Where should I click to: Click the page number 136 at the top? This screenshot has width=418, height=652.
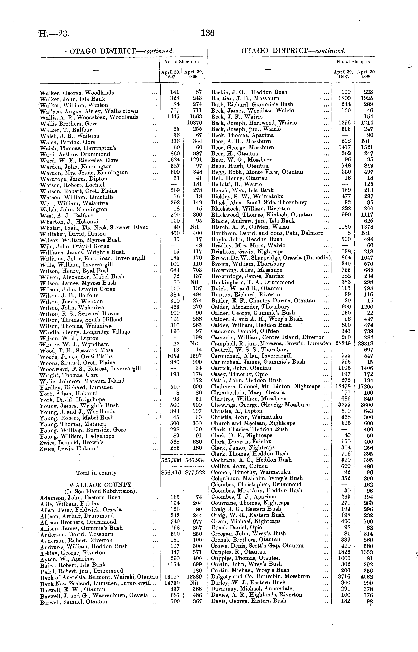[208, 33]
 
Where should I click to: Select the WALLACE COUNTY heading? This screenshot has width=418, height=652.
[100, 485]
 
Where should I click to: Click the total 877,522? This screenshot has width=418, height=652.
[195, 473]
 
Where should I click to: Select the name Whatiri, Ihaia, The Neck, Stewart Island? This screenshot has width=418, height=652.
[94, 227]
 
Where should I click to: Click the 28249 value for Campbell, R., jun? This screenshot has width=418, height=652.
[343, 343]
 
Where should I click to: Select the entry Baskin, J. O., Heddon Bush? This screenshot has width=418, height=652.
[249, 92]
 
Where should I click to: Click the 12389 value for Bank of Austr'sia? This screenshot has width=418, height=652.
[194, 577]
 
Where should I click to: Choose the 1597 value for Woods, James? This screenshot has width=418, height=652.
[195, 356]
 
